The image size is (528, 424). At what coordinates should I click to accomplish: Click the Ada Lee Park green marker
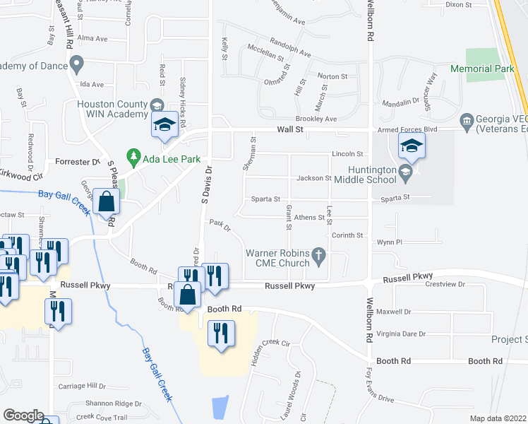pos(132,155)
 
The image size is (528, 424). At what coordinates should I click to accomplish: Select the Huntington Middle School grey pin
pos(405,171)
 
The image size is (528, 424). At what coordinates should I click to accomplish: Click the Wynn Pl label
pos(389,242)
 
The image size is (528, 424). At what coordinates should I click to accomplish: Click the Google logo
pos(23,416)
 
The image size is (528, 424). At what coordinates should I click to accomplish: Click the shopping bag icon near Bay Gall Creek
pos(105,203)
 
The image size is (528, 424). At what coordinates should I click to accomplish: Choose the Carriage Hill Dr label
pos(82,387)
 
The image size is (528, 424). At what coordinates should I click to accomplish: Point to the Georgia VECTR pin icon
pos(466,121)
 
